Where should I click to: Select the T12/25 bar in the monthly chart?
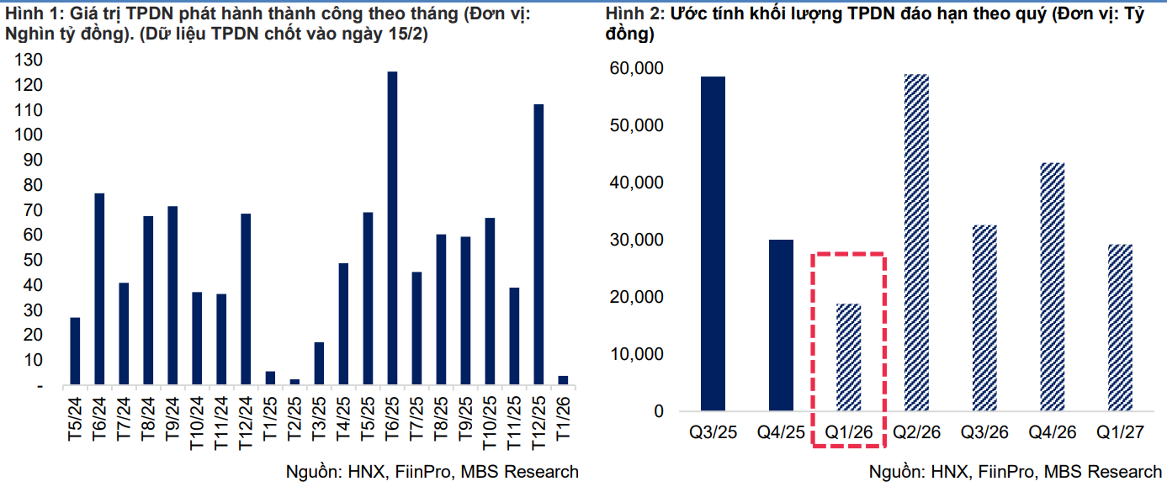pyautogui.click(x=538, y=245)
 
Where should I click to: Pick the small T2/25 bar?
pyautogui.click(x=294, y=382)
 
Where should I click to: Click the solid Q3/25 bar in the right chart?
pyautogui.click(x=713, y=244)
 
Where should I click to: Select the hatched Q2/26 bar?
pyautogui.click(x=916, y=243)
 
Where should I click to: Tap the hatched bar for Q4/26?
pyautogui.click(x=1052, y=287)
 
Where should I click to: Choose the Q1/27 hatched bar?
pyautogui.click(x=1120, y=328)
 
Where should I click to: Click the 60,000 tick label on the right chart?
pyautogui.click(x=635, y=68)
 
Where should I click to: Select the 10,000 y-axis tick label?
pyautogui.click(x=635, y=354)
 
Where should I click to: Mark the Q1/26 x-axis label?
pyautogui.click(x=848, y=432)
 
